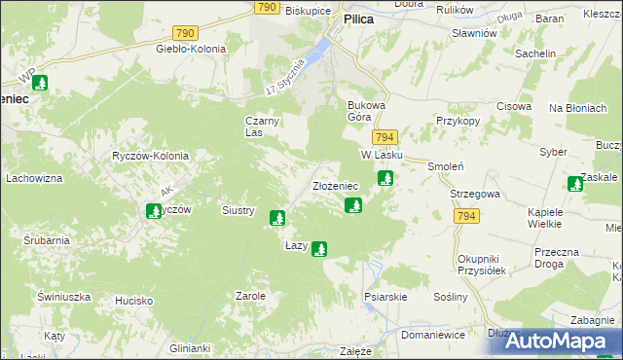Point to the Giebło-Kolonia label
[x=191, y=49]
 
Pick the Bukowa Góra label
[x=367, y=110]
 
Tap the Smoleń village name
[x=443, y=166]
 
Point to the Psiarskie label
[x=385, y=297]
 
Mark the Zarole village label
[x=250, y=295]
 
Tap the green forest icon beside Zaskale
[x=575, y=184]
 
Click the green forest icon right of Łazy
[x=318, y=249]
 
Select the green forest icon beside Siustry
[x=277, y=218]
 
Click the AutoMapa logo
[x=554, y=342]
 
